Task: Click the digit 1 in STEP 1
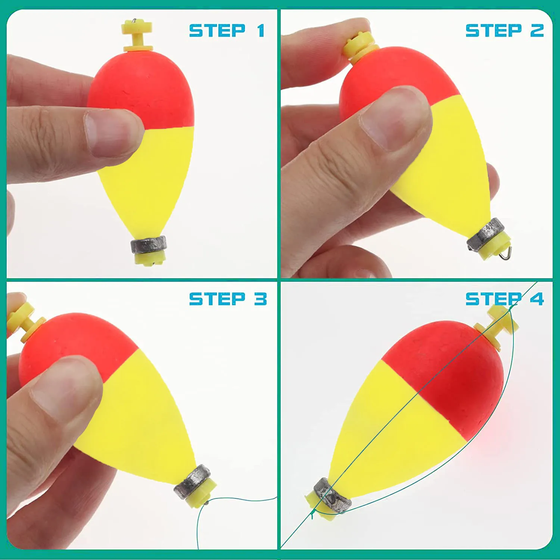tap(261, 31)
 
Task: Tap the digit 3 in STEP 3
tap(261, 299)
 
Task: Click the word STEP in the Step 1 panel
tap(217, 31)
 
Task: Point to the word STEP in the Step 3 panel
tap(217, 299)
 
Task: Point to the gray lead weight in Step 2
tap(485, 234)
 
